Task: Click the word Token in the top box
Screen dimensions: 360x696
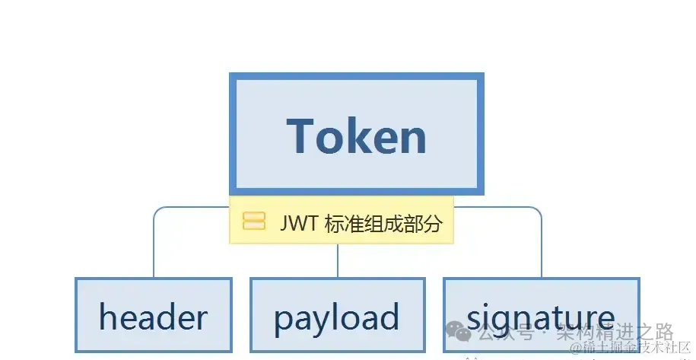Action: tap(356, 136)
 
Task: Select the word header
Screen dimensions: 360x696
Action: tap(153, 317)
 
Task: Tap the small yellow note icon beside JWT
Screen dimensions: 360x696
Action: tap(254, 221)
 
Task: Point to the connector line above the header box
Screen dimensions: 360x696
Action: tap(154, 244)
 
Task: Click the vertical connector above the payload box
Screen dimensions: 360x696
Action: tap(337, 260)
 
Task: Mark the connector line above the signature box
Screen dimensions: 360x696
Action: tap(542, 244)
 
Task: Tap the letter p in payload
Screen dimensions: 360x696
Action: tap(284, 320)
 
